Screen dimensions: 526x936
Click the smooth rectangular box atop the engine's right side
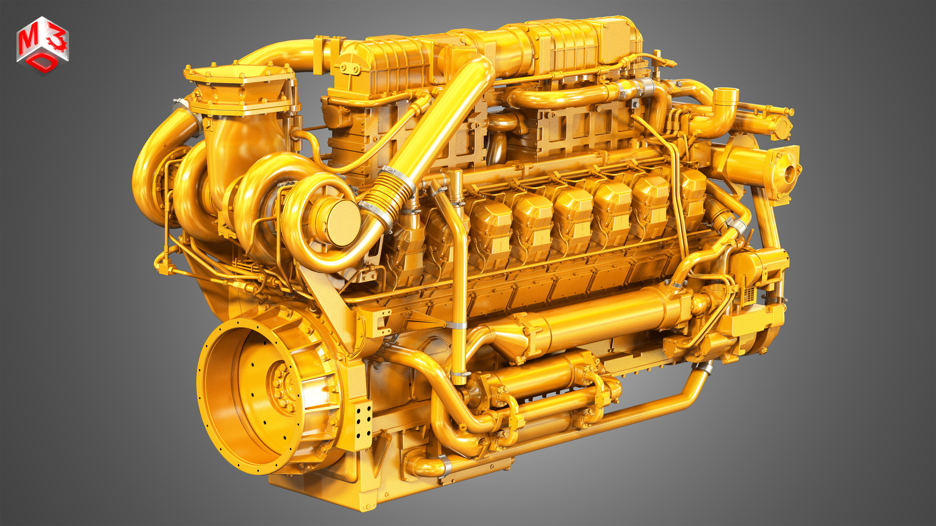[x=618, y=40]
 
